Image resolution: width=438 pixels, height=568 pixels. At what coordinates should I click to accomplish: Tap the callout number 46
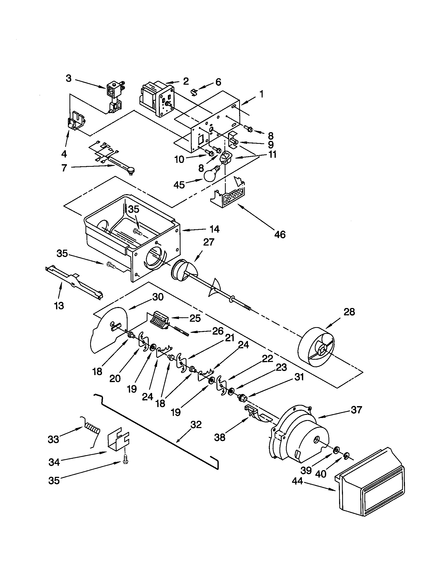coord(280,234)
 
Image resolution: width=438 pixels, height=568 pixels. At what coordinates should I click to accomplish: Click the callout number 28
coord(349,312)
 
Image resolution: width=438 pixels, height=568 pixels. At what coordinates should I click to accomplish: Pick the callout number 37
coord(356,410)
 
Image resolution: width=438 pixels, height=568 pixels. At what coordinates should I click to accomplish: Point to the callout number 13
coord(59,306)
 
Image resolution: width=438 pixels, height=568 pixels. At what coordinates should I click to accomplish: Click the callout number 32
coord(196,425)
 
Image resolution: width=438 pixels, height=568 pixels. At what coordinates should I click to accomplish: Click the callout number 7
coord(64,168)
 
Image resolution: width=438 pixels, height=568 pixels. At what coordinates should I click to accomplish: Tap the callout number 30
coord(158,297)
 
